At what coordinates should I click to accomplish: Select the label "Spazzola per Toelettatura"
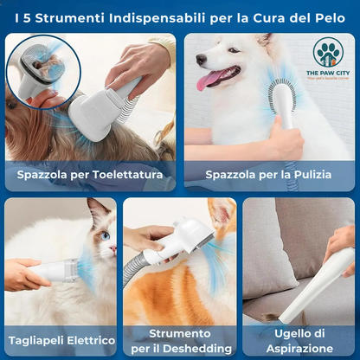coord(90,175)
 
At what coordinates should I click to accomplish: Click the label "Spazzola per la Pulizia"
coord(269,175)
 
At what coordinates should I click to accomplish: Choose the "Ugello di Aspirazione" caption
coord(299,340)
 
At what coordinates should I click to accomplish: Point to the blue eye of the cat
coord(105,235)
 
